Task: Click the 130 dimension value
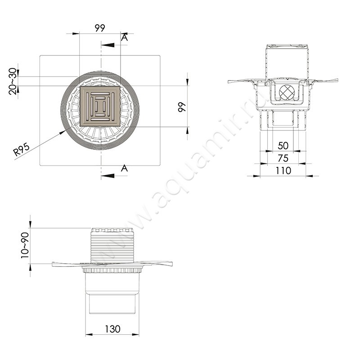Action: tap(112, 329)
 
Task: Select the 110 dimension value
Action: tap(283, 171)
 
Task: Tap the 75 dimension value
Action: tap(283, 158)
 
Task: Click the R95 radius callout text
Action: tap(22, 149)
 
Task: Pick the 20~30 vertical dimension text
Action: tap(13, 81)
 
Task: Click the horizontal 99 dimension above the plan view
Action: tap(100, 28)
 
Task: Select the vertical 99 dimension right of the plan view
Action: tap(182, 107)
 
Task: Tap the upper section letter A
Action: tap(125, 38)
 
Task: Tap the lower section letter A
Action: tap(124, 168)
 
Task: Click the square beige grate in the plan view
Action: tap(100, 107)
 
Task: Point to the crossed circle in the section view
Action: tap(287, 92)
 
